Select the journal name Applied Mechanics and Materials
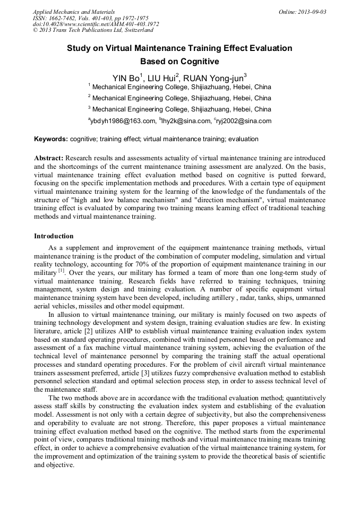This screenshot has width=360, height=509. [x=74, y=12]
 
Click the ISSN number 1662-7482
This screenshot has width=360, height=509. [x=67, y=18]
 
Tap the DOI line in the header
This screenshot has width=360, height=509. [x=96, y=24]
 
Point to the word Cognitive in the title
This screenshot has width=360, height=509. [x=199, y=61]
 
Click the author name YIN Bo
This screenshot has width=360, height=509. [x=126, y=78]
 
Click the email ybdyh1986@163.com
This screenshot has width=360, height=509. [x=122, y=121]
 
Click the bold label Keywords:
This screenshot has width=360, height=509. [x=51, y=139]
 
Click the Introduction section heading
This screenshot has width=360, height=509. [x=54, y=236]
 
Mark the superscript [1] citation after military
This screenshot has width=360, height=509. [x=61, y=271]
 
